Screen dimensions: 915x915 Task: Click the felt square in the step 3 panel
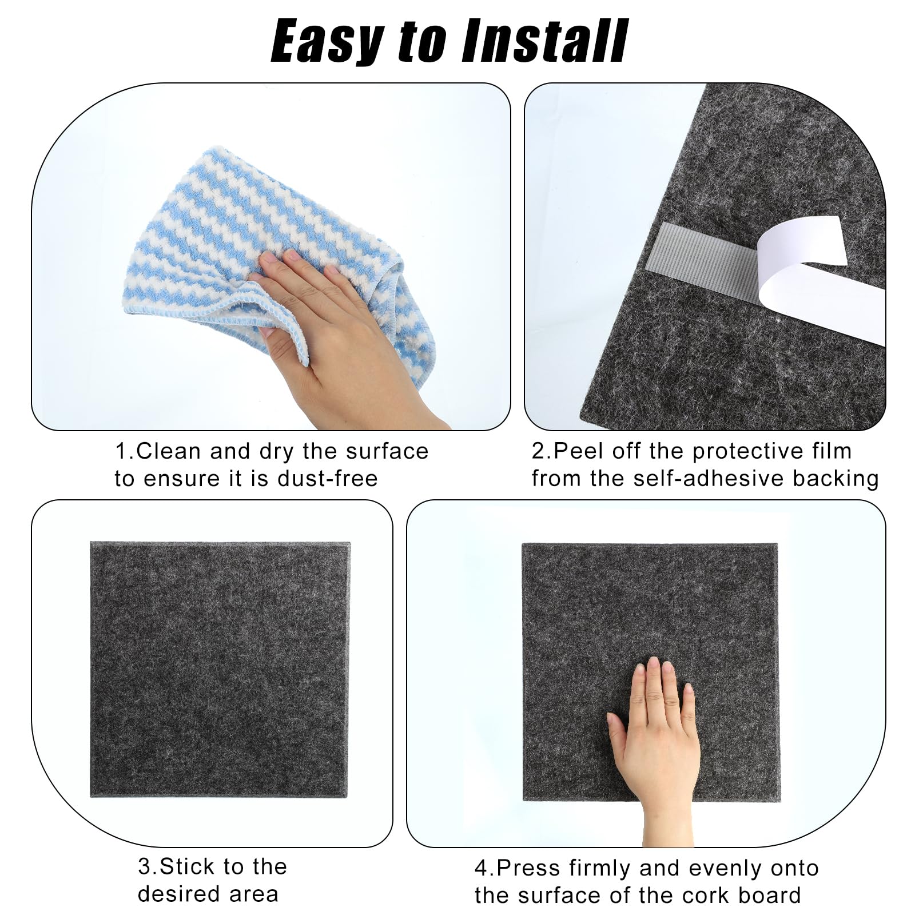pos(220,669)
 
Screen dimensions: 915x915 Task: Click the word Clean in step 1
pos(169,451)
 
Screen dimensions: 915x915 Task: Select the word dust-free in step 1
pos(328,479)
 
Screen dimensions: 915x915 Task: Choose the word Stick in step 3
pos(188,866)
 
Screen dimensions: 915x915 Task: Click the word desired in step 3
pos(177,894)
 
